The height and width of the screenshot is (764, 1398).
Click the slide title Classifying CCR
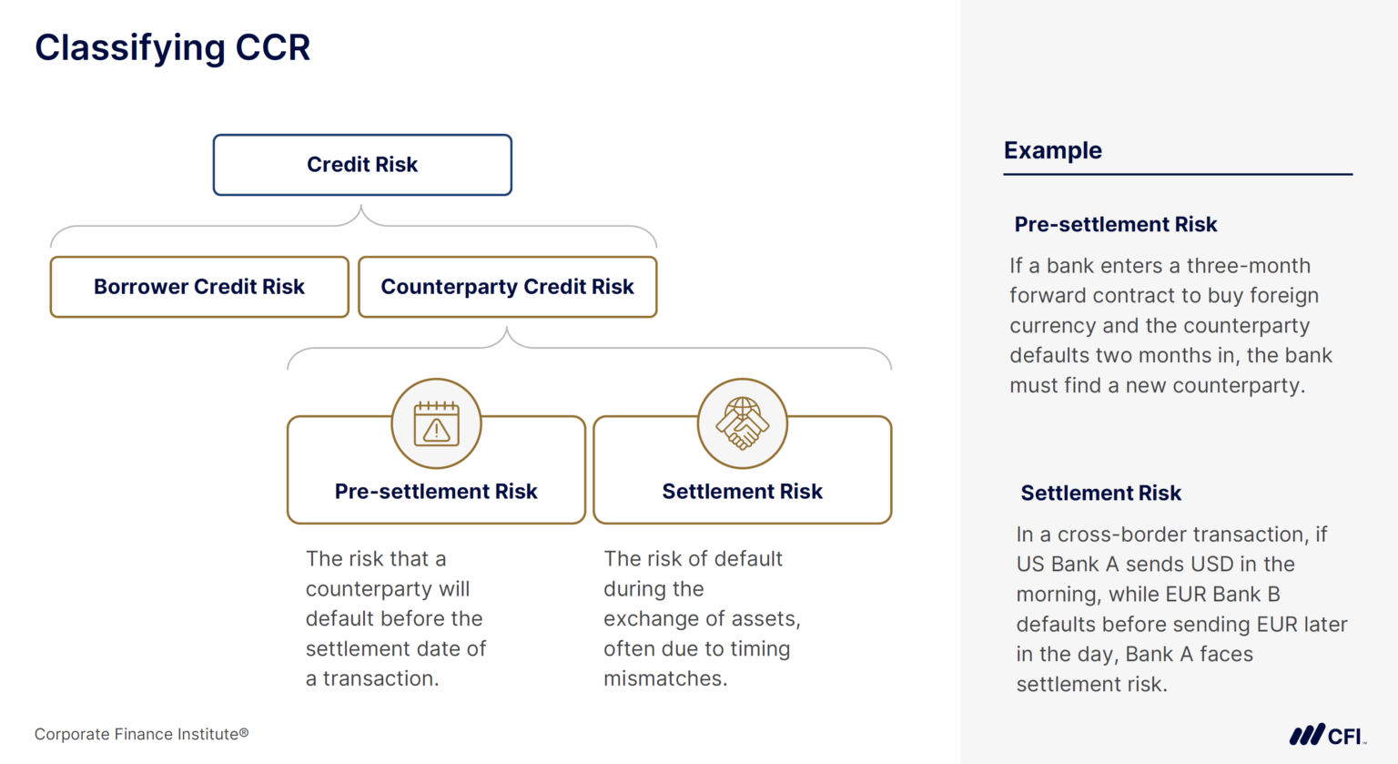pos(172,47)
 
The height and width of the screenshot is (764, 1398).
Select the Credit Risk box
pos(362,165)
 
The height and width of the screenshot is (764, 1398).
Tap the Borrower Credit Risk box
pos(199,287)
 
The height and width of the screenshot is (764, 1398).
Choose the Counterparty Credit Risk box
pos(507,287)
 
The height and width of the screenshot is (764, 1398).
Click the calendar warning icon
pos(437,423)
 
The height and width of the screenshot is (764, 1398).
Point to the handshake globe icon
pos(743,423)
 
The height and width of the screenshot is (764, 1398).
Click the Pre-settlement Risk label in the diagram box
pos(436,492)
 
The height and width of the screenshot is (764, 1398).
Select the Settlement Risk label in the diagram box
pos(742,492)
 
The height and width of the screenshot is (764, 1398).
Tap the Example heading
pos(1053,150)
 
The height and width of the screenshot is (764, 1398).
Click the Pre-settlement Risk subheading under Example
pos(1116,224)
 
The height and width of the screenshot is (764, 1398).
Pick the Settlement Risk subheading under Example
pos(1100,493)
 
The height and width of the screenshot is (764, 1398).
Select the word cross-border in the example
pos(1110,535)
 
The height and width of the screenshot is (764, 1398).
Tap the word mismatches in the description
pos(664,678)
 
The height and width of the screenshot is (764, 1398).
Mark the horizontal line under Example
pos(1178,174)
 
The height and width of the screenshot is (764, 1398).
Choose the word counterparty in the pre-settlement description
pos(388,589)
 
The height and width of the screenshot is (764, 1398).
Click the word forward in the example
pos(1048,296)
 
